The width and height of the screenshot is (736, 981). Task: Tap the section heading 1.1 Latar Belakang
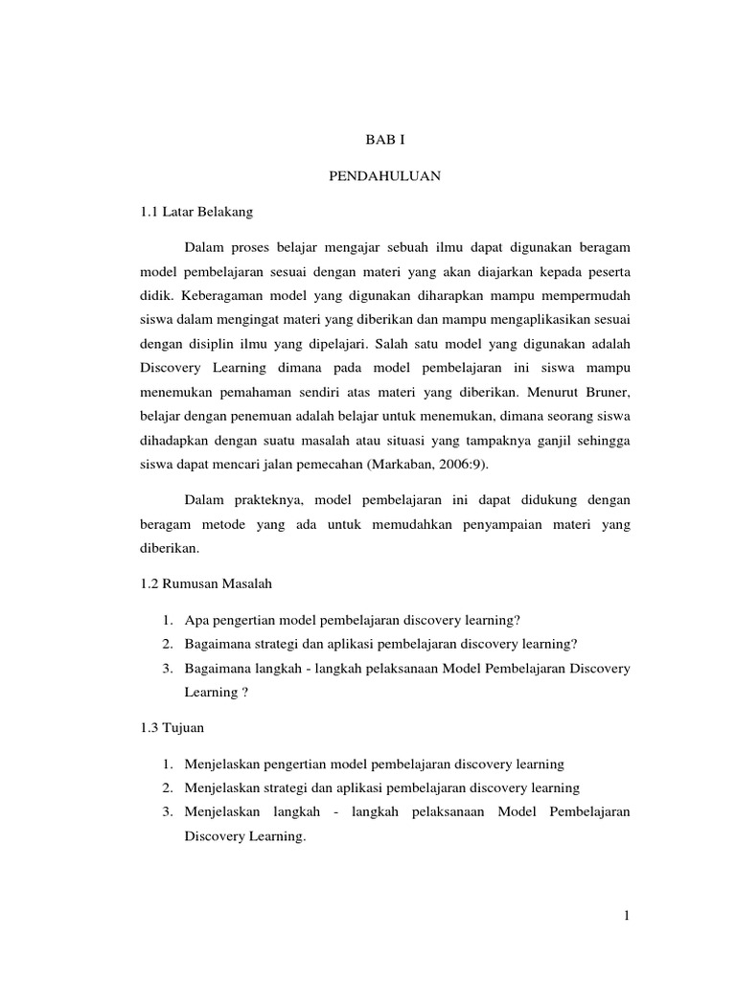click(x=196, y=212)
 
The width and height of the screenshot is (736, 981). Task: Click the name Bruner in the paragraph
click(x=605, y=393)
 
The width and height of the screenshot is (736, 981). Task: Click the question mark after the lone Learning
click(x=245, y=693)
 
